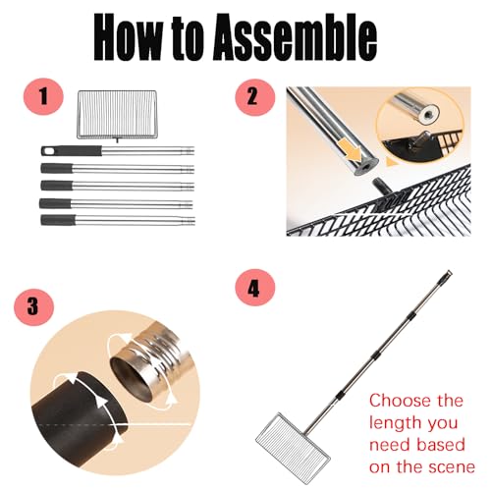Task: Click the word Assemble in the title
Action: click(295, 37)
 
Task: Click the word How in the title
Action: click(128, 37)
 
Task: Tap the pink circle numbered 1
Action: click(43, 96)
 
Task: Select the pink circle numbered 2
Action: click(255, 97)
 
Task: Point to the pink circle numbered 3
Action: click(33, 307)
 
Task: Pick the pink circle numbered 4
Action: click(255, 288)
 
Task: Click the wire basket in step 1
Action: click(117, 114)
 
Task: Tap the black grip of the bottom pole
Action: click(58, 220)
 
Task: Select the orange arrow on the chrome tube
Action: click(351, 148)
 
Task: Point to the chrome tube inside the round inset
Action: click(415, 108)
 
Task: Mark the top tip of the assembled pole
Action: click(450, 272)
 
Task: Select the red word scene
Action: click(453, 467)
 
